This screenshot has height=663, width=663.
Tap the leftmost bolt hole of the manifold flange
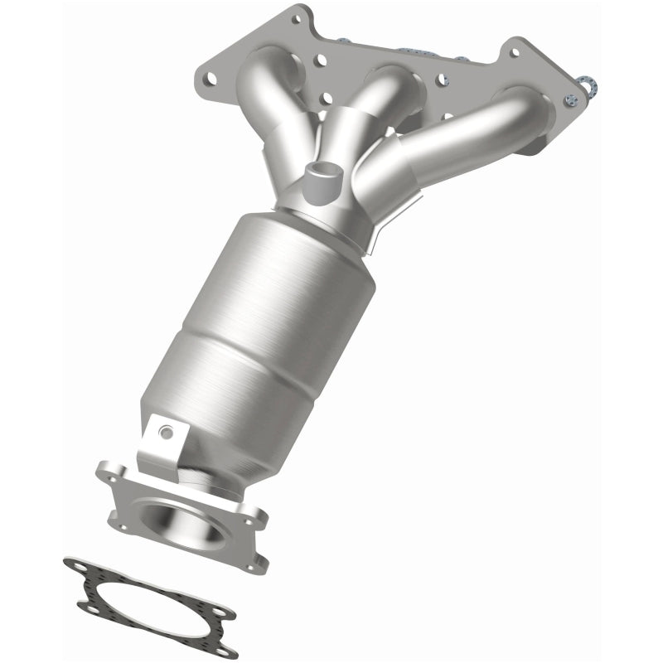211,80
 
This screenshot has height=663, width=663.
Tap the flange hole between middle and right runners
442,80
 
